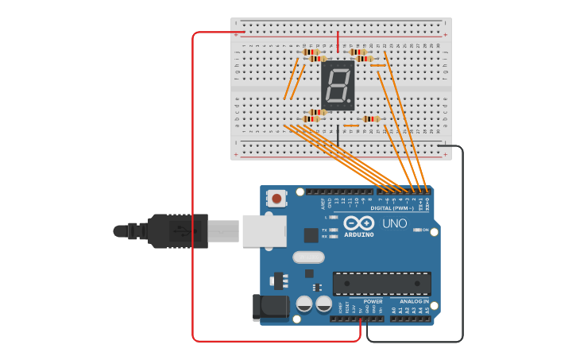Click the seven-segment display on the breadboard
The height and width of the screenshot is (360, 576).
point(338,86)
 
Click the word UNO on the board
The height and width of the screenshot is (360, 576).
point(394,223)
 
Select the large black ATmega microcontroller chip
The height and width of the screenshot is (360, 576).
point(381,284)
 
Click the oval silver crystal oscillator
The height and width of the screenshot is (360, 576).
point(308,257)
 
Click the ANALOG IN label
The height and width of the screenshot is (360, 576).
point(414,302)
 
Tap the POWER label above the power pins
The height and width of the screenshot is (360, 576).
point(373,302)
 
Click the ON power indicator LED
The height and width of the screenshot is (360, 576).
point(417,230)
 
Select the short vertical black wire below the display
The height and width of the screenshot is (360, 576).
point(338,134)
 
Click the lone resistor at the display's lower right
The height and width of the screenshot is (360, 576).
point(370,119)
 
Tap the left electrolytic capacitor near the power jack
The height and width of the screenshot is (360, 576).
point(304,304)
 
